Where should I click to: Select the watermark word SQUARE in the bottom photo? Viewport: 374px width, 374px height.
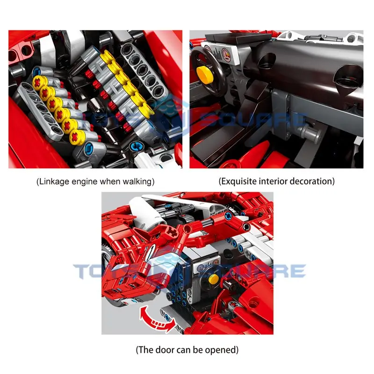[261, 271]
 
